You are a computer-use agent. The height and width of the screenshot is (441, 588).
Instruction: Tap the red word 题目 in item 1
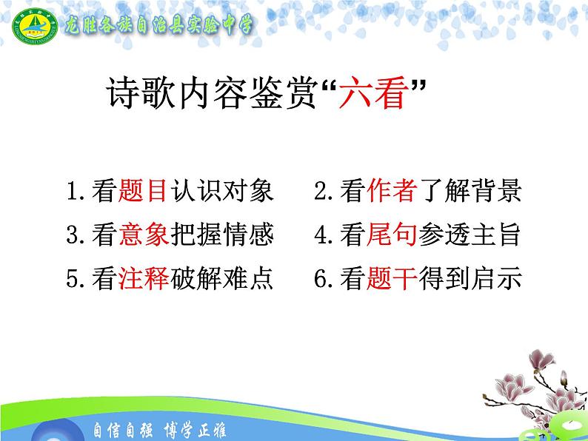point(142,192)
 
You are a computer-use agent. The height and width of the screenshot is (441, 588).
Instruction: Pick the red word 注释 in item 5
point(142,279)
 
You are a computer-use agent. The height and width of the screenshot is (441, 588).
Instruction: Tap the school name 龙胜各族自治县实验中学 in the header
point(158,25)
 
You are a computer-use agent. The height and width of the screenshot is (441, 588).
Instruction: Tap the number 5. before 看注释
point(76,280)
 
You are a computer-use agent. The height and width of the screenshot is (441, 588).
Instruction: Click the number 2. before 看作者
point(325,192)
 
